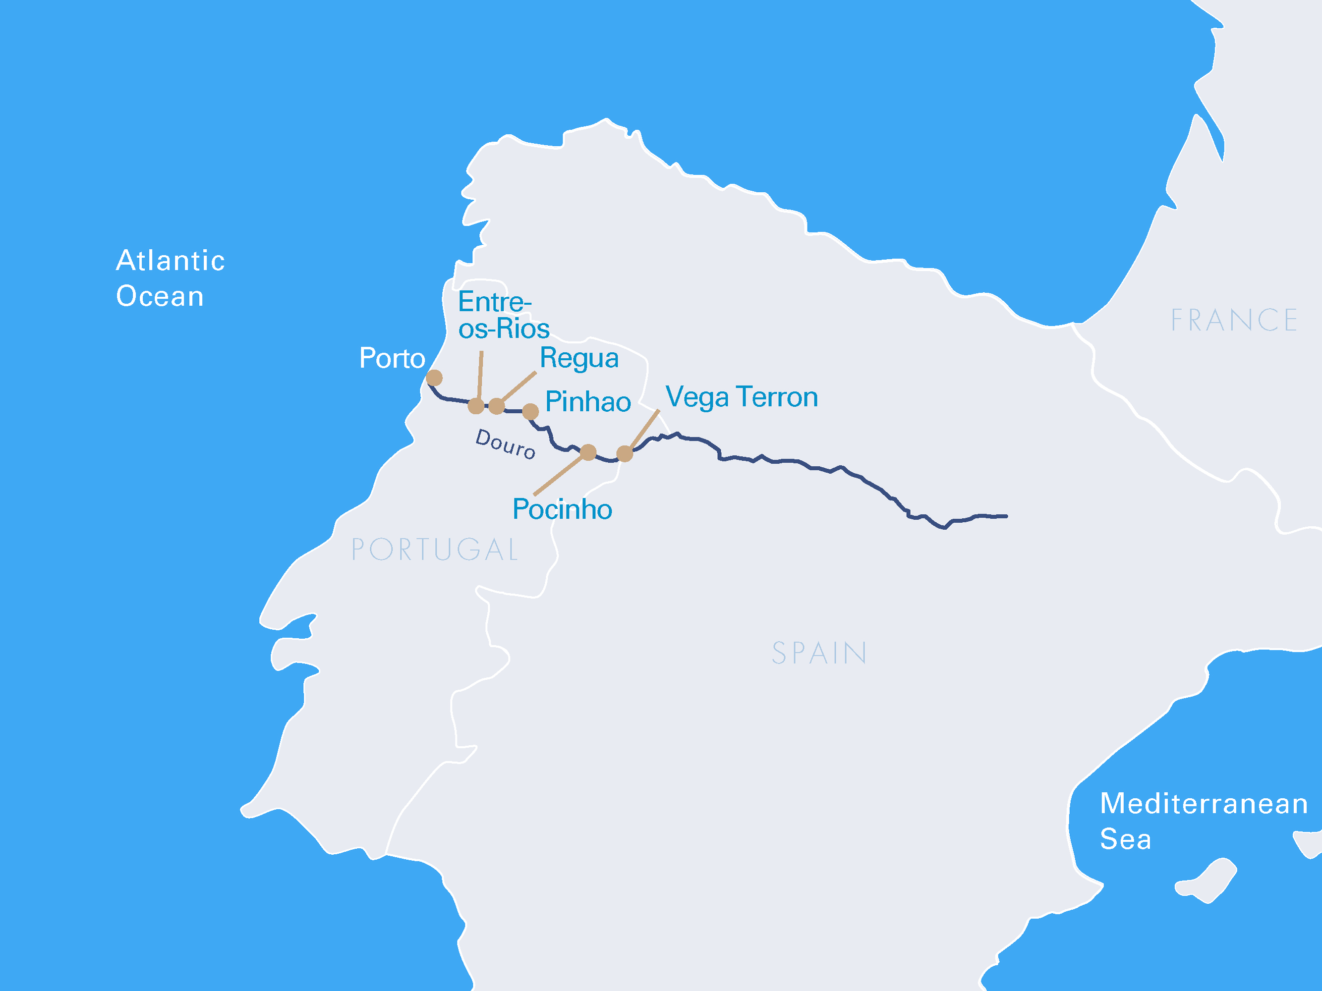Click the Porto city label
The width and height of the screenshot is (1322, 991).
[392, 358]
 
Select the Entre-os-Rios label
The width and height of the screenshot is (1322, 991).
[503, 316]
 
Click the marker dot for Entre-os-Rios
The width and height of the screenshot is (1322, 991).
[476, 406]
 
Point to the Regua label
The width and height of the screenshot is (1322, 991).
[578, 358]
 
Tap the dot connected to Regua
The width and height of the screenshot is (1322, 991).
[497, 406]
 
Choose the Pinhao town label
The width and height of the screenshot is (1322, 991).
[587, 401]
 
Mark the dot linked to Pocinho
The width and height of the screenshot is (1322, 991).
[588, 452]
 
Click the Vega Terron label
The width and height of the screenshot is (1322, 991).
[741, 397]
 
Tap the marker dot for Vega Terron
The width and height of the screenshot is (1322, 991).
[625, 454]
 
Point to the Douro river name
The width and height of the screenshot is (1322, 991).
[505, 444]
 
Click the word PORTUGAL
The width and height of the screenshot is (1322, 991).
[435, 550]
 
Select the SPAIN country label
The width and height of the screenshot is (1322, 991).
[819, 653]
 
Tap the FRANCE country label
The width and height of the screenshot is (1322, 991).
[1234, 320]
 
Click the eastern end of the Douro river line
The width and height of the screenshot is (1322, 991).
[1005, 516]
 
